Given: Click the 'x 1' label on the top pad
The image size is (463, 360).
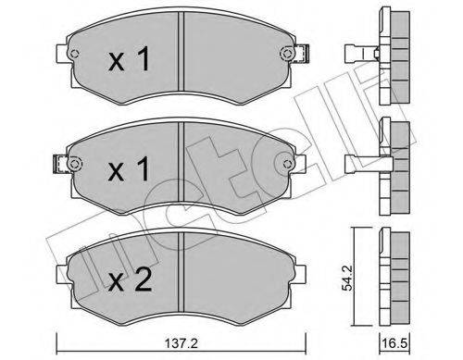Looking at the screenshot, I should (x=129, y=63).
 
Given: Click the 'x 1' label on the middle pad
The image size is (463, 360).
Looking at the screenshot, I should (x=129, y=171).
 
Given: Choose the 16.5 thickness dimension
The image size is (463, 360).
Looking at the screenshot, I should (x=398, y=342).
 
